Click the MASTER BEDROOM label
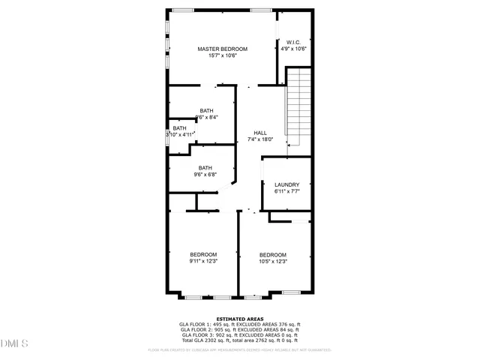coord(222,49)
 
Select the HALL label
coord(259,133)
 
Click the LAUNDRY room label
coord(286,184)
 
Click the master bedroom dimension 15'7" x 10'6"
coord(222,55)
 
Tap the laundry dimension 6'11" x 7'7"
coord(286,191)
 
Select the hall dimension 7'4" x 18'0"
coord(259,139)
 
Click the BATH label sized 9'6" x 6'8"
coord(205,168)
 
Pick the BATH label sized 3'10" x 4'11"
coord(180,128)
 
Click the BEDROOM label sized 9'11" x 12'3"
coord(202,255)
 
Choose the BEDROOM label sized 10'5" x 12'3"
coord(273,255)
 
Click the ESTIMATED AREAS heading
coord(240,319)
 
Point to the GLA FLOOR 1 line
coord(240,325)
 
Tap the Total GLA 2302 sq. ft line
coord(240,341)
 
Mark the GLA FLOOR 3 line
coord(240,336)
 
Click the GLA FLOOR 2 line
coord(240,330)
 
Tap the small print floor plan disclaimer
coord(240,349)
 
